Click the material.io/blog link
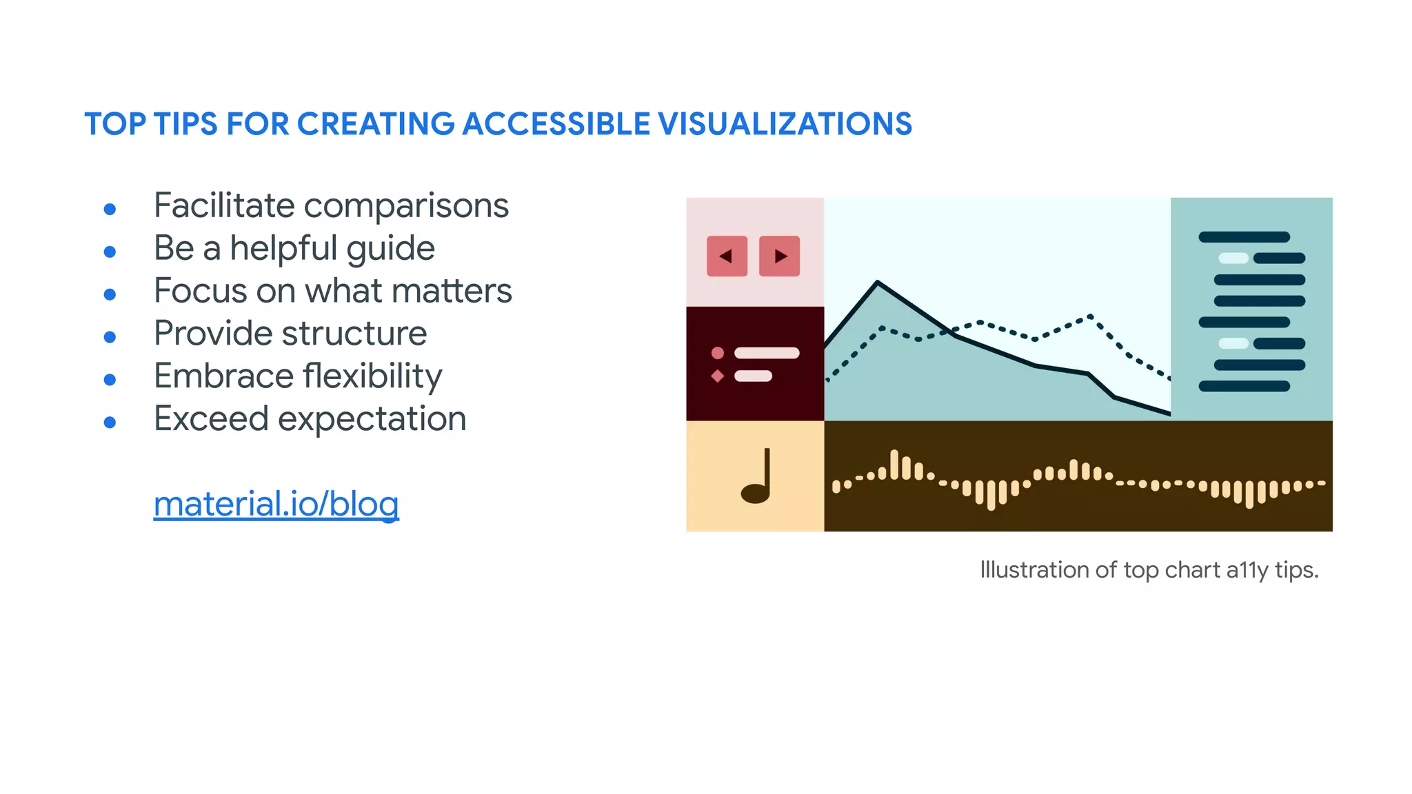click(276, 504)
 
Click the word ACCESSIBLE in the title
click(556, 124)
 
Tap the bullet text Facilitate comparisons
click(331, 205)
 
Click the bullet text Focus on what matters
click(332, 291)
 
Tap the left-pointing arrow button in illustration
click(727, 256)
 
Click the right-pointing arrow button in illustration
click(779, 256)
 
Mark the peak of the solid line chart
click(877, 282)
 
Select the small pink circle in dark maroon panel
click(718, 353)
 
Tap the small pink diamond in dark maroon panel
click(718, 376)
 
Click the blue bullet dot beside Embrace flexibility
click(110, 380)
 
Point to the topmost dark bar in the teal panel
click(1244, 237)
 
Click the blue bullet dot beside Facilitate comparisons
click(110, 209)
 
